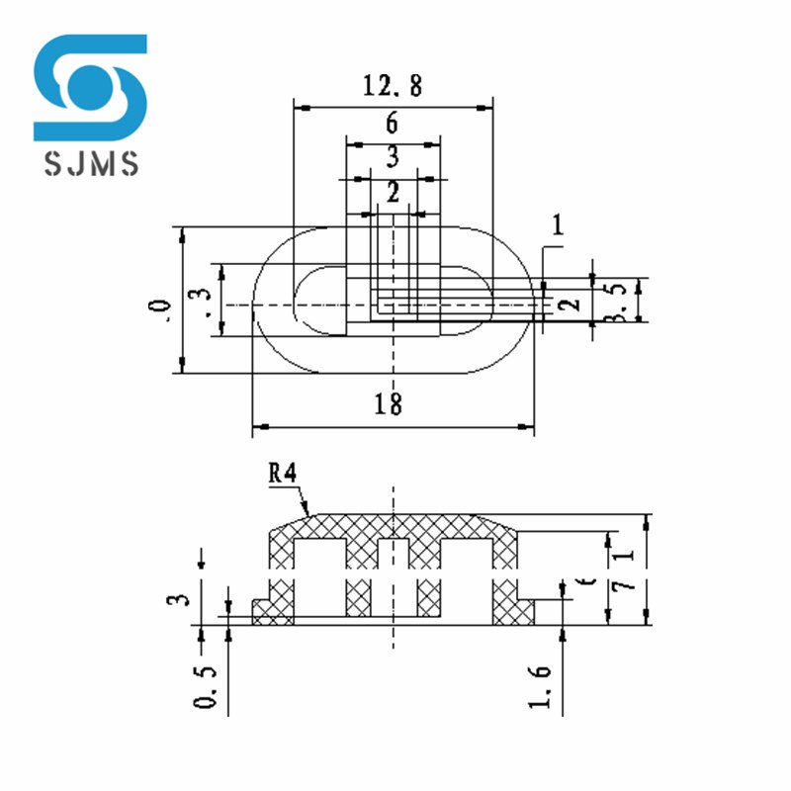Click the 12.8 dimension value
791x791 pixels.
(393, 86)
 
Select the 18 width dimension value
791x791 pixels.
(389, 403)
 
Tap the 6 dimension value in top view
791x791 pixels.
(393, 124)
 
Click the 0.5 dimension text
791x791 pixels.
(206, 684)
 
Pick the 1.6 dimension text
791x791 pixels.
(540, 685)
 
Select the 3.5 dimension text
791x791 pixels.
(615, 300)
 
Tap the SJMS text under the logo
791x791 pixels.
(91, 162)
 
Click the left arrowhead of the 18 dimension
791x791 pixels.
(258, 428)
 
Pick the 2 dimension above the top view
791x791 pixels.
(393, 194)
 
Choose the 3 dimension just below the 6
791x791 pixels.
(393, 156)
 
